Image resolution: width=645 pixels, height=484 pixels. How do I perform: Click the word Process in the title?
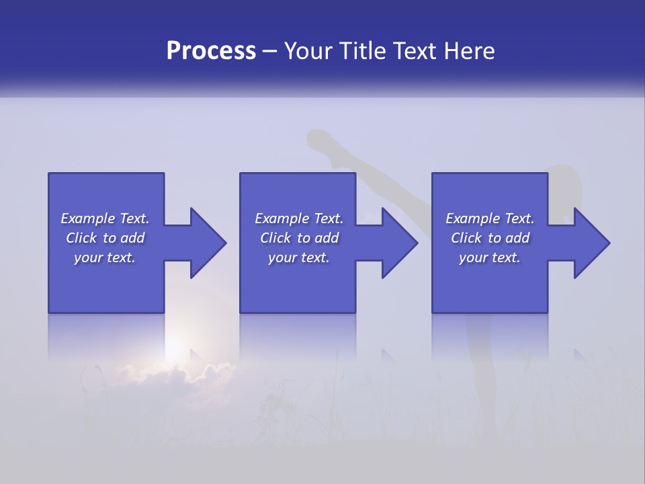click(x=211, y=51)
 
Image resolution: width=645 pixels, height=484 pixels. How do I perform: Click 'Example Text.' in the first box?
click(x=105, y=218)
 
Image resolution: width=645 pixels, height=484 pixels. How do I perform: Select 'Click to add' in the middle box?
click(x=299, y=238)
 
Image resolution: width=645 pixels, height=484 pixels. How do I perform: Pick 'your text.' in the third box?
click(x=490, y=257)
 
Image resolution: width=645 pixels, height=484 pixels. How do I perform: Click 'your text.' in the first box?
click(x=105, y=257)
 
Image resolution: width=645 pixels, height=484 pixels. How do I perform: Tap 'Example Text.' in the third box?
click(x=490, y=218)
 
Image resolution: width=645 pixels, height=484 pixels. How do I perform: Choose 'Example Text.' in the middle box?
click(x=299, y=218)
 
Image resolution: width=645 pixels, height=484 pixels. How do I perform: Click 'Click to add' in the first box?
click(x=105, y=238)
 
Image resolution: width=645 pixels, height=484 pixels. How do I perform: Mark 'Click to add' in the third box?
click(x=490, y=238)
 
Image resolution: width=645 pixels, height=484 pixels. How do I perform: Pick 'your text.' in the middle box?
click(x=299, y=257)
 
